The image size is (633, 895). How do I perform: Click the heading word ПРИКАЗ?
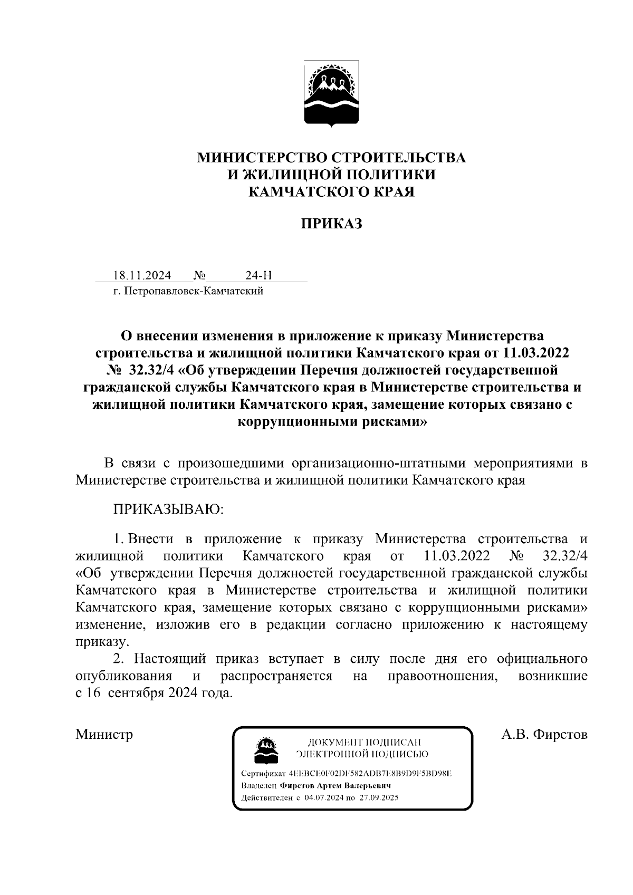point(331,224)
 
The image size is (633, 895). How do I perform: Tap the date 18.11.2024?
point(142,275)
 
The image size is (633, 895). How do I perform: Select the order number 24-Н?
point(258,275)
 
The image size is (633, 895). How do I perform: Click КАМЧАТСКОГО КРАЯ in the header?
point(331,192)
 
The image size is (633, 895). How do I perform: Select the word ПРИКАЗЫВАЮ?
point(169,509)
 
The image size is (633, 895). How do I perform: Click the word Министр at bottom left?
point(104,734)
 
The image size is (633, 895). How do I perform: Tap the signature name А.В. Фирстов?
point(544,734)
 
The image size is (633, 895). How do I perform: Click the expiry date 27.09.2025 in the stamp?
point(377,797)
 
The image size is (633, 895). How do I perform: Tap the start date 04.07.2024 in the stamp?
point(323,797)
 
